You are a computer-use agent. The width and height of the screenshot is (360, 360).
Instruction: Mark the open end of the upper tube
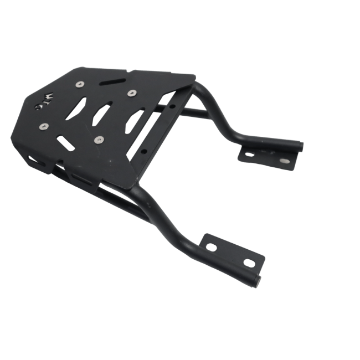click(x=300, y=146)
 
